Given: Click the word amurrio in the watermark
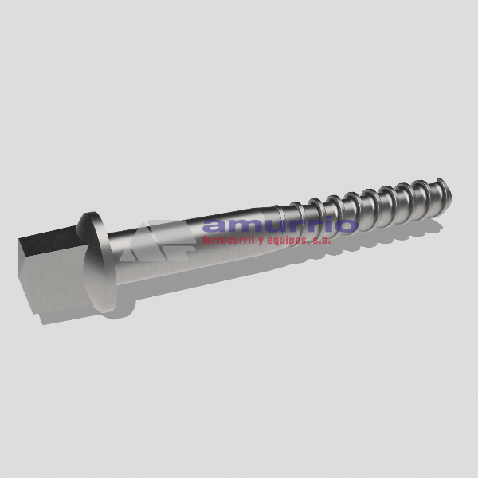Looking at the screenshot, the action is coord(280,225).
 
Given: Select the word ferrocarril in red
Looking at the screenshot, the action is coord(228,240).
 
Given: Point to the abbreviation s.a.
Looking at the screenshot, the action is coord(321,241).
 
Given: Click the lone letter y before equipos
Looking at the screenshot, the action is coord(261,241).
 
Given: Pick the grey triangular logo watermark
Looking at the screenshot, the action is coord(158,241).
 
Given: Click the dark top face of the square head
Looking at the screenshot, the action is coord(49,240).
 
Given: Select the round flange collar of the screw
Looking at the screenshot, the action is coord(97,262).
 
